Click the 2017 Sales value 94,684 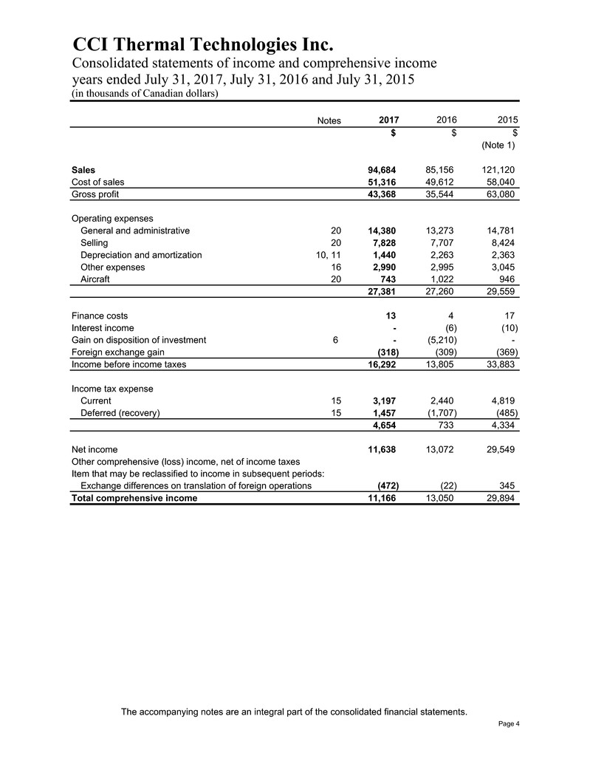383,169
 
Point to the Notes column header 326,120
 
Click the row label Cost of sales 97,182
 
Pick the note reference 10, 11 324,255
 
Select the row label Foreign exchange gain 117,352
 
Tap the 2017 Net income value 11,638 383,448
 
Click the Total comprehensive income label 134,498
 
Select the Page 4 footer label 509,723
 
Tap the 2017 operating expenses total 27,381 383,292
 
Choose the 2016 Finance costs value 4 459,316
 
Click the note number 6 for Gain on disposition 336,340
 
